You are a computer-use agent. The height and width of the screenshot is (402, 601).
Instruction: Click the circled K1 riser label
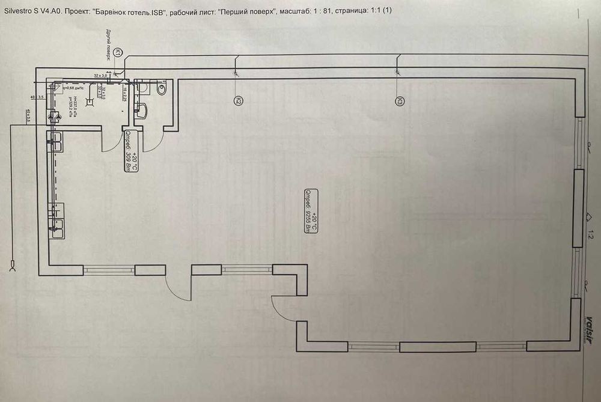pos(119,53)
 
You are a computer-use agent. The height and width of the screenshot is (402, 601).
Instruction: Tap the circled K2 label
pos(239,101)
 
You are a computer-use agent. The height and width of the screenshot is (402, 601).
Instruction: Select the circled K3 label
pos(398,102)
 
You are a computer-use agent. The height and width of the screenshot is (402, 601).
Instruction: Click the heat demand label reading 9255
pos(310,215)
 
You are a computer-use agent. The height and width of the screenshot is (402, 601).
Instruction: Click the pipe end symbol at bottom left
pos(13,265)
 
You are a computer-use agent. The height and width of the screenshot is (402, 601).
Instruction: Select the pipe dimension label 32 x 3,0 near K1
pos(100,75)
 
